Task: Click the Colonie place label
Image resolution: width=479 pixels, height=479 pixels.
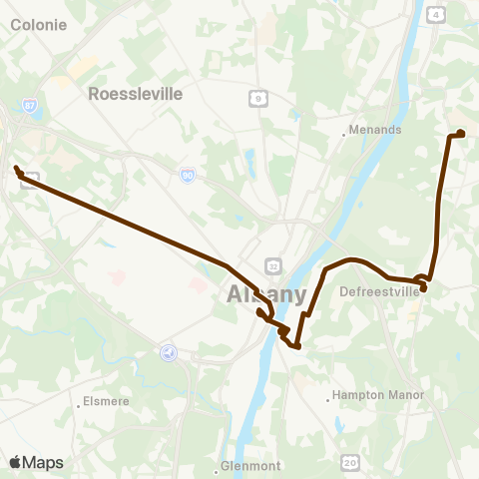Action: point(39,24)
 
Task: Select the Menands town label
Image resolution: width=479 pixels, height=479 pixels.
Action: point(376,130)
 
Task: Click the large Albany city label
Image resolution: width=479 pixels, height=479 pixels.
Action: point(266,294)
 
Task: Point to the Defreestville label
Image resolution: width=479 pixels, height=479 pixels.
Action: point(380,292)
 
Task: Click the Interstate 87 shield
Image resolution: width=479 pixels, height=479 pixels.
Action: point(30,105)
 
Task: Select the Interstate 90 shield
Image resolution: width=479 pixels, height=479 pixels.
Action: point(188,174)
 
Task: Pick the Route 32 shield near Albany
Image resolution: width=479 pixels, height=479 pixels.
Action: point(271,263)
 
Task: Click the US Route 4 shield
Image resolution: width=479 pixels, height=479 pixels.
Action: point(436,15)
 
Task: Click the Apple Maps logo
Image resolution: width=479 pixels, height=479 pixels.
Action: point(36,462)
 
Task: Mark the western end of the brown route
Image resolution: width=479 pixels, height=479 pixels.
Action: point(17,169)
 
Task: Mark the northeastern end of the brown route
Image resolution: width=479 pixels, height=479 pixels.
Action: point(461,133)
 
